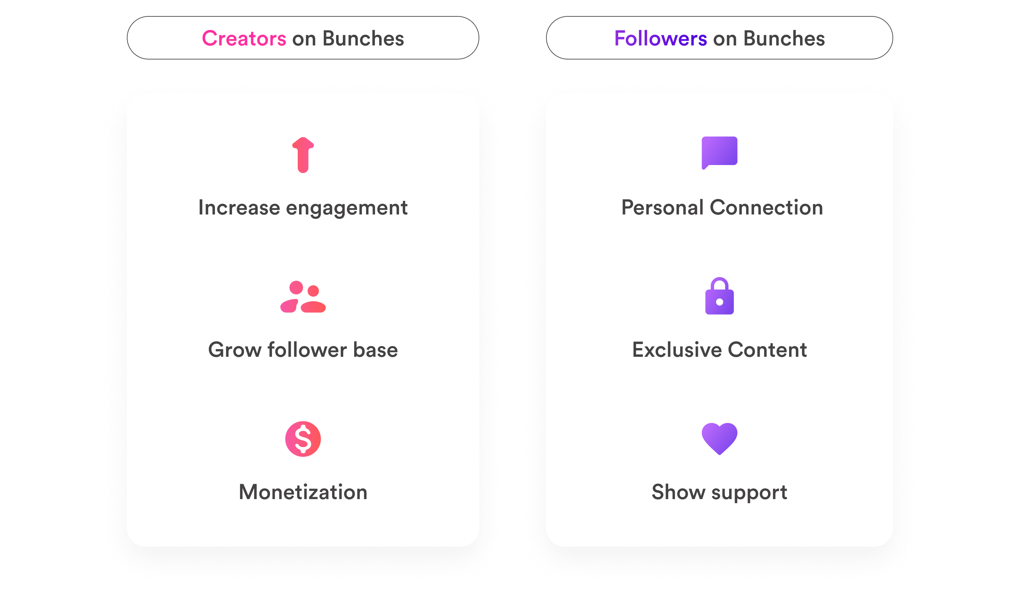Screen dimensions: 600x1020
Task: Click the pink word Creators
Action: [244, 38]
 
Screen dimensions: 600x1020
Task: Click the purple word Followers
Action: [661, 38]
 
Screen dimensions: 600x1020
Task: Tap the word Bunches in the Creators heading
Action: [363, 38]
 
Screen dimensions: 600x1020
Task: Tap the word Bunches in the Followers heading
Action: [784, 38]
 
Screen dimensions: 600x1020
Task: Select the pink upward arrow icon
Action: [303, 155]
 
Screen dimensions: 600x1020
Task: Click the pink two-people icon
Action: [303, 297]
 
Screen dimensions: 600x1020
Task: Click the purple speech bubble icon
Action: [719, 152]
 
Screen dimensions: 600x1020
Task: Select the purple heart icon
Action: [719, 438]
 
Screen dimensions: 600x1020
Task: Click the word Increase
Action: [239, 207]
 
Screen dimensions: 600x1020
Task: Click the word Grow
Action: [234, 350]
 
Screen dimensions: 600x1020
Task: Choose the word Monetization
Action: [303, 492]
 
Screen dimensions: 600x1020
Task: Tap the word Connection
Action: [766, 207]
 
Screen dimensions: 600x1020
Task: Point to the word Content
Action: [767, 350]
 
